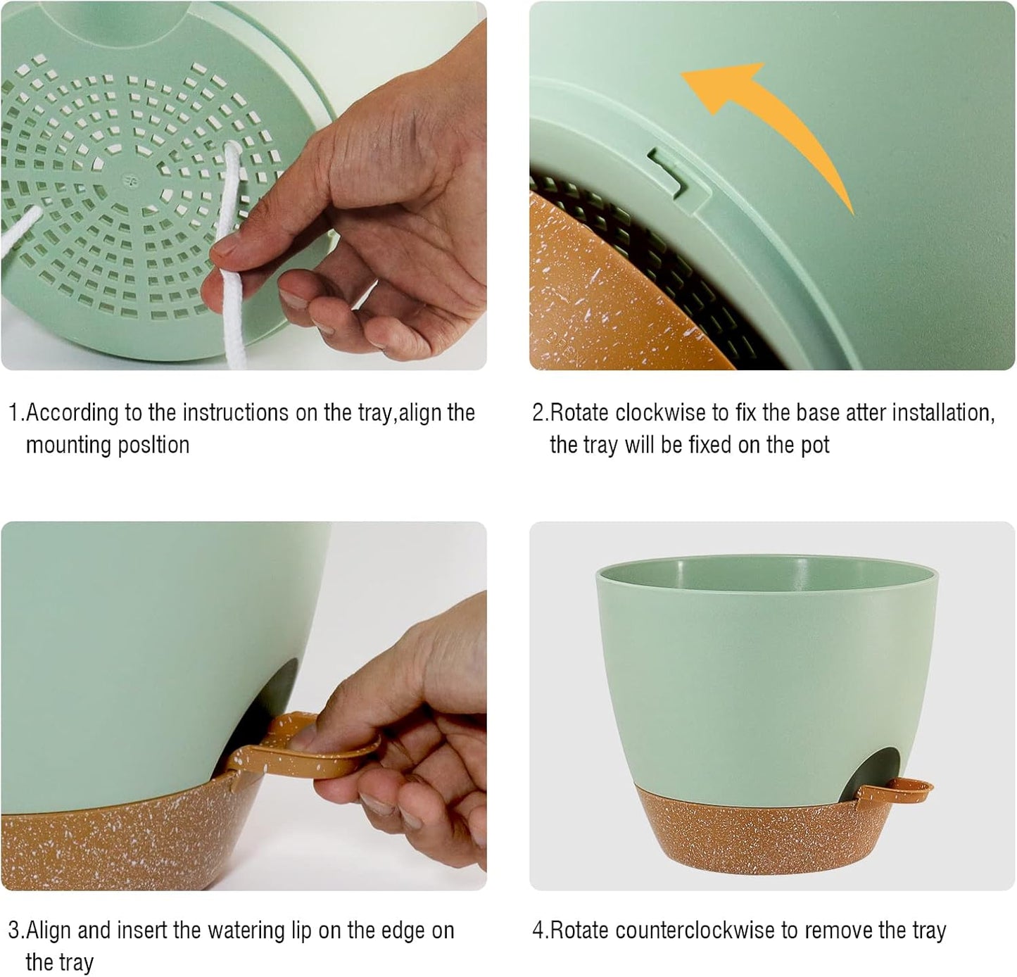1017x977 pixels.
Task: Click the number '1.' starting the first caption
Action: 16,413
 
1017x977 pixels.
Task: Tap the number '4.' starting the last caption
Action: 540,931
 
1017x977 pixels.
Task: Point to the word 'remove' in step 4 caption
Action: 838,931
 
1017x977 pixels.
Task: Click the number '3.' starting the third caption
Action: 16,931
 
